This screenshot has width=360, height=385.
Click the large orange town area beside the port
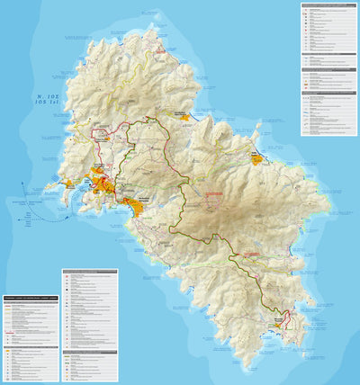103,185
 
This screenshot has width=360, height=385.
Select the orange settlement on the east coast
256,159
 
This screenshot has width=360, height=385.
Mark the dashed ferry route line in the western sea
49,214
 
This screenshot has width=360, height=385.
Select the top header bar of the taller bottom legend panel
90,271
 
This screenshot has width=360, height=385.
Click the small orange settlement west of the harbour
68,184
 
